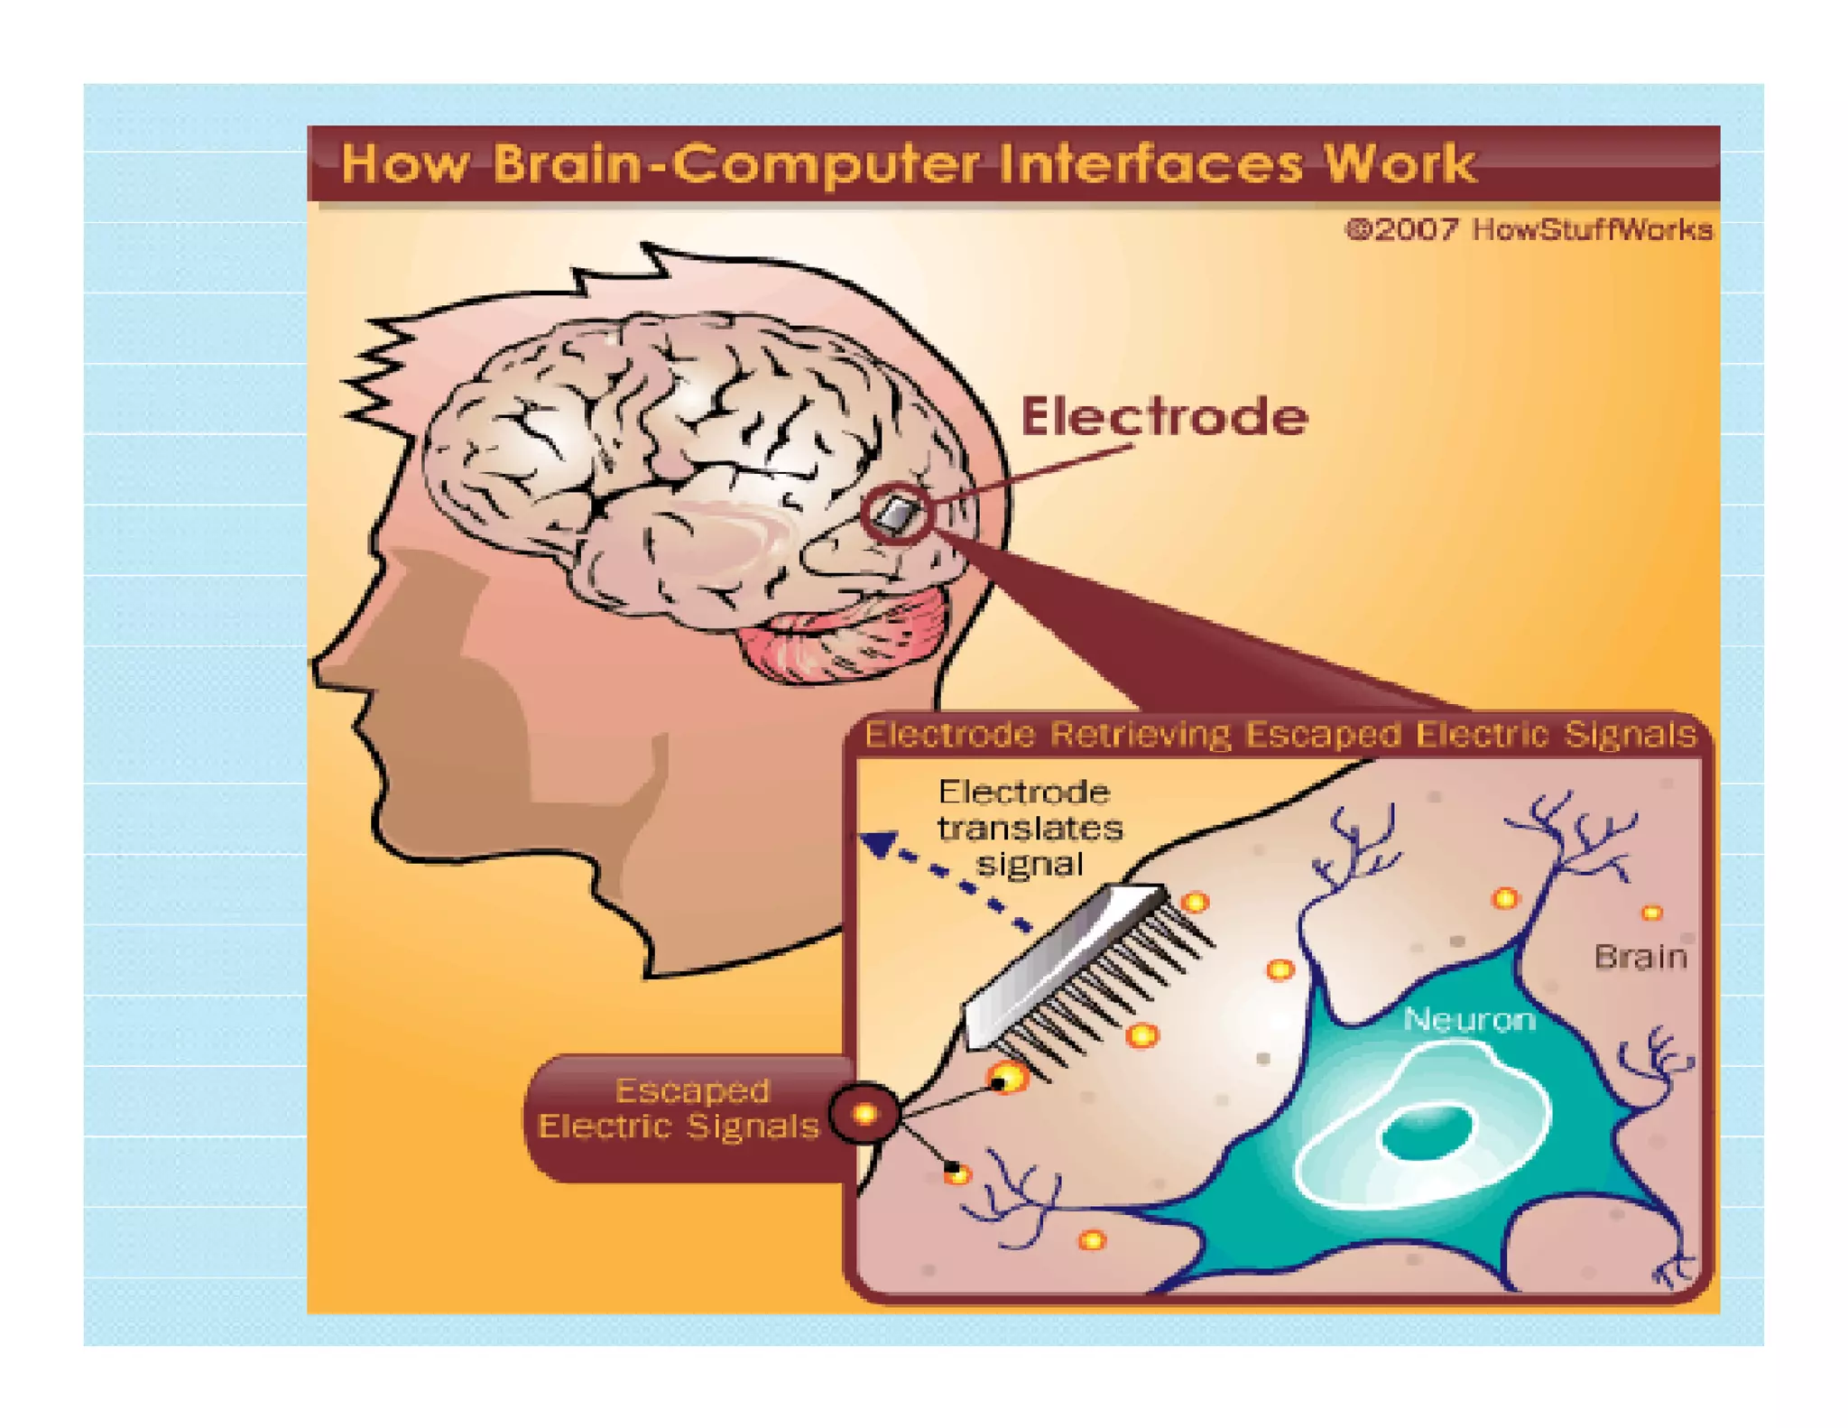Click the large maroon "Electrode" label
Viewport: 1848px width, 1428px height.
pos(1164,417)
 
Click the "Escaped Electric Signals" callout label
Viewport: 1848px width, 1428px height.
pos(679,1108)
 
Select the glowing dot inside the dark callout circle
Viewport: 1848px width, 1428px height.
pos(865,1114)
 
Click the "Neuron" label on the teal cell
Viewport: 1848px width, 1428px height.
pos(1469,1020)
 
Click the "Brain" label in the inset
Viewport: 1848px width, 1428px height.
pos(1640,957)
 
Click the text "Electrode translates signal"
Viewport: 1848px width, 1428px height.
pos(1029,828)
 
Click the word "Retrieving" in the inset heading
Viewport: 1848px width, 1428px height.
pos(1140,735)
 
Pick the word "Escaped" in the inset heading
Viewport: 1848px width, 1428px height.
pos(1323,735)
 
